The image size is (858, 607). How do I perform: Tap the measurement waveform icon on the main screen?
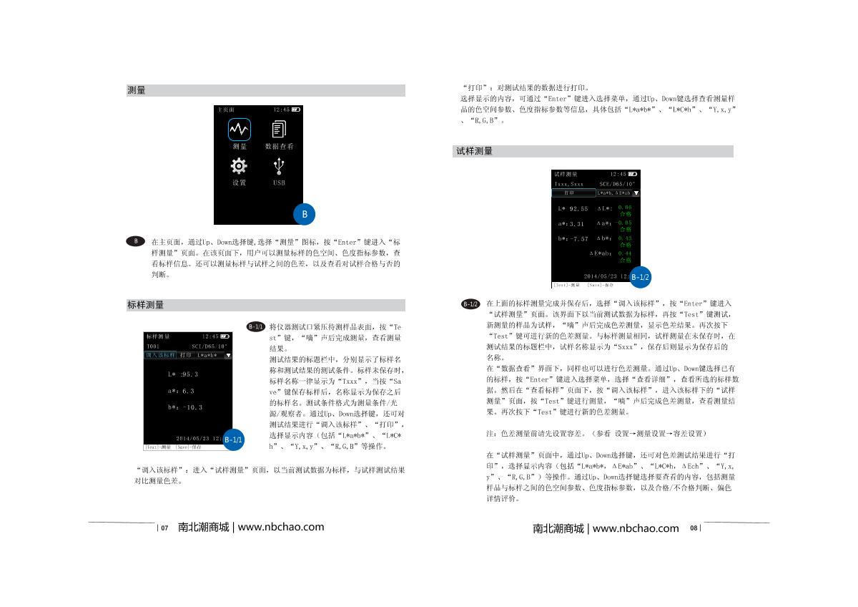click(239, 129)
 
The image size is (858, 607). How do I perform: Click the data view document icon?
click(279, 129)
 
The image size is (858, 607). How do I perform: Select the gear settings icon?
click(239, 165)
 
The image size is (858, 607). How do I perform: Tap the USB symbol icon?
click(279, 165)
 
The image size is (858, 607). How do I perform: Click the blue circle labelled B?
click(304, 213)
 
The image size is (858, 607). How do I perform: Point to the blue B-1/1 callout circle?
click(234, 439)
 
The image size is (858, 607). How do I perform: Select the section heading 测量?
click(137, 91)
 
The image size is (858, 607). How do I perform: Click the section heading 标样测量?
click(145, 305)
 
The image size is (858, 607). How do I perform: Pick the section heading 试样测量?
click(474, 151)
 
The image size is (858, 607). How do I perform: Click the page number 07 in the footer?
click(164, 528)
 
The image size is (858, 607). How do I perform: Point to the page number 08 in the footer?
click(694, 528)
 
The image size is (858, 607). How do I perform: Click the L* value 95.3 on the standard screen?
click(183, 374)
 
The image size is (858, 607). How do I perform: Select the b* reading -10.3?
click(185, 408)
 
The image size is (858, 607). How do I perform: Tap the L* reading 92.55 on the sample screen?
click(573, 209)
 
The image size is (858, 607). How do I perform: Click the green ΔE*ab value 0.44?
click(625, 253)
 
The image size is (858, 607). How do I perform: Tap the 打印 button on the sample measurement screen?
click(569, 193)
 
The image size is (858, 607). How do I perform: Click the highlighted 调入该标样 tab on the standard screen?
click(160, 355)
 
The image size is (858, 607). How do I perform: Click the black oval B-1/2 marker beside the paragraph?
click(470, 304)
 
